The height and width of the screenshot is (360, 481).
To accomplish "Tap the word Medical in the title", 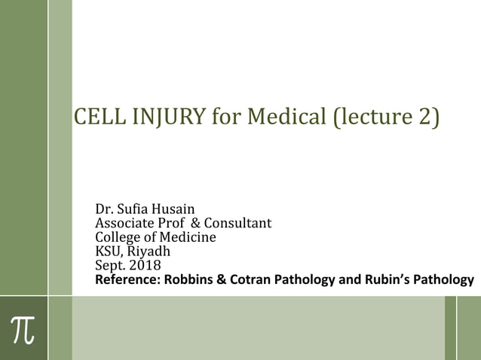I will click(x=289, y=117).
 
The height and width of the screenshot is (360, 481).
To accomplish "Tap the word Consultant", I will click(x=237, y=223).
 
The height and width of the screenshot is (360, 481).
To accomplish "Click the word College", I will click(x=118, y=237).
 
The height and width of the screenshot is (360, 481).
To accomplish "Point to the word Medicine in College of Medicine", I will click(x=188, y=237).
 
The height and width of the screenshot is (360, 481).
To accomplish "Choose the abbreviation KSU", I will click(x=108, y=252).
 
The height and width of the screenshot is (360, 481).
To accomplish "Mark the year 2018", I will click(x=144, y=266).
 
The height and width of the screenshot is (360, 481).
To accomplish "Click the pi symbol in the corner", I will click(x=23, y=328).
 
